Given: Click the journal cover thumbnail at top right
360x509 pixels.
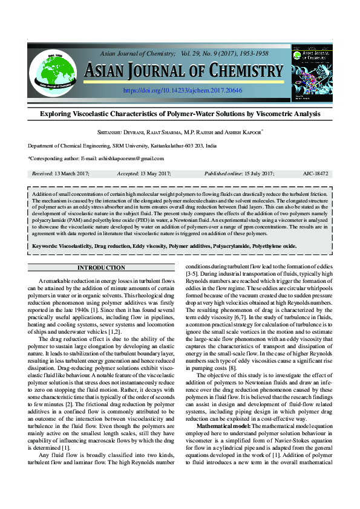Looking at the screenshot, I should coord(312,72).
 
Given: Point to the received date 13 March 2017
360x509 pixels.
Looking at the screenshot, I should coord(71,173).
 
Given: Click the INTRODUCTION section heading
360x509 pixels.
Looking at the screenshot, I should coord(101,268).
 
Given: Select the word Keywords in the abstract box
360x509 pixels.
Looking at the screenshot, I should coord(44,247).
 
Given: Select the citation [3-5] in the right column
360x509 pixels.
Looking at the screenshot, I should coord(192,274).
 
